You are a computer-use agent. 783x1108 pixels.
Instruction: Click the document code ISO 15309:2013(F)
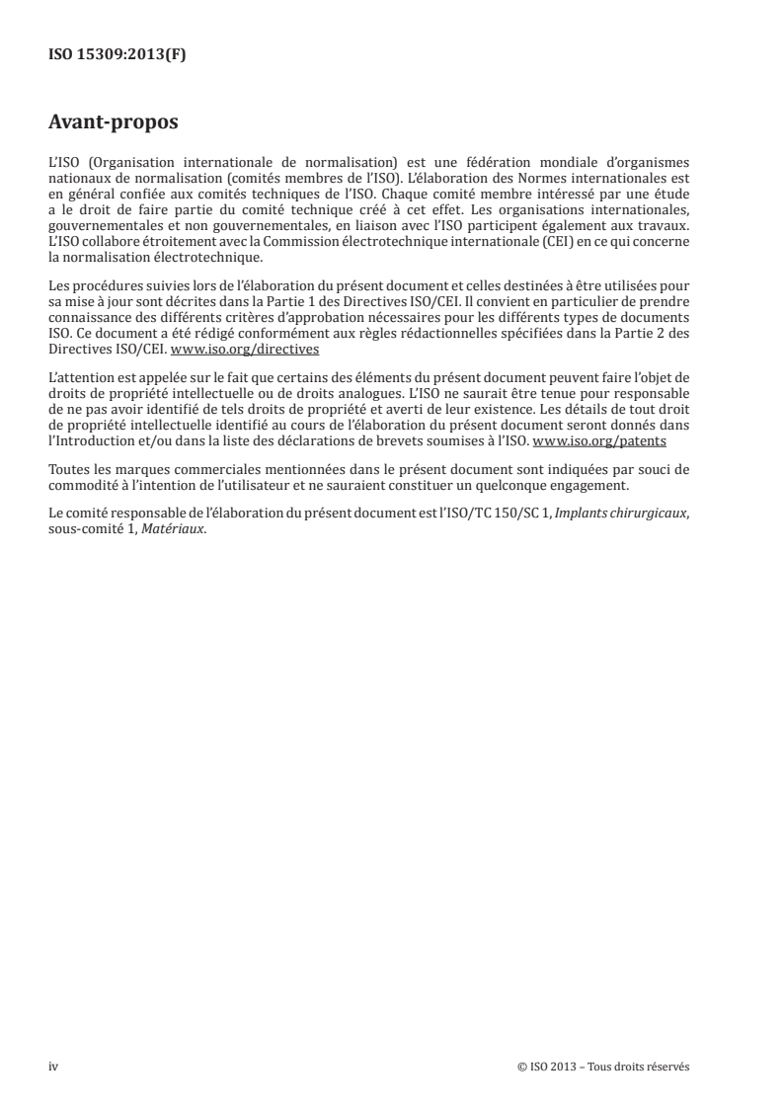pyautogui.click(x=117, y=55)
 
